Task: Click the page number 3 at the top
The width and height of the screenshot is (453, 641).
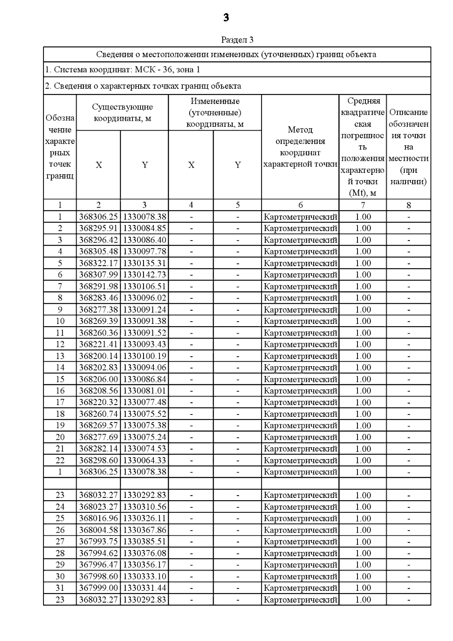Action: click(x=226, y=18)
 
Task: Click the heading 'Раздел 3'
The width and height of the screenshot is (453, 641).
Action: click(x=237, y=40)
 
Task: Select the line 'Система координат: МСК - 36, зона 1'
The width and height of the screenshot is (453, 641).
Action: click(x=123, y=69)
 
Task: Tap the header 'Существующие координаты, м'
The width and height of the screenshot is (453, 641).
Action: click(x=122, y=112)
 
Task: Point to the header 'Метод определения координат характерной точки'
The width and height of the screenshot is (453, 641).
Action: click(x=300, y=147)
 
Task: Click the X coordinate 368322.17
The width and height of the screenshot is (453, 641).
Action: click(x=99, y=263)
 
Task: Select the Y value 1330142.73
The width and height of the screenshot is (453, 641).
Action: click(x=145, y=275)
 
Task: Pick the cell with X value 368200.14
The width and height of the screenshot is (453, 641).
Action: click(x=99, y=356)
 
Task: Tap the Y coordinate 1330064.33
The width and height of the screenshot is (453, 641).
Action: click(x=145, y=460)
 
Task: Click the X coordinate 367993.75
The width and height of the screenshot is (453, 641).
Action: click(x=99, y=541)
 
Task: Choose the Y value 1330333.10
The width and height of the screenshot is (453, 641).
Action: click(x=145, y=576)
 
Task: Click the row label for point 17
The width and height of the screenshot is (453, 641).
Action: click(x=60, y=402)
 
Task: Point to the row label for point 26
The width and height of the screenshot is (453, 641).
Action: click(x=60, y=530)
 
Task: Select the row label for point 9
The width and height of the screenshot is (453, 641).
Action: click(x=60, y=310)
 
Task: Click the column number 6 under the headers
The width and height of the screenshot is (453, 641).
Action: click(x=300, y=205)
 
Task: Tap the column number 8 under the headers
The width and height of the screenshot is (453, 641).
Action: click(x=408, y=205)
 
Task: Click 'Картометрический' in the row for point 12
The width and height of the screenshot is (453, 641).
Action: click(x=300, y=344)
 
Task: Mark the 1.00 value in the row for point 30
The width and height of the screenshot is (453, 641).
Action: click(x=363, y=576)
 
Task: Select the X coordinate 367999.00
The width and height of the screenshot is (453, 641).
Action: click(x=99, y=588)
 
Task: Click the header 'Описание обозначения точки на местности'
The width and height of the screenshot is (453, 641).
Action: click(x=408, y=147)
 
